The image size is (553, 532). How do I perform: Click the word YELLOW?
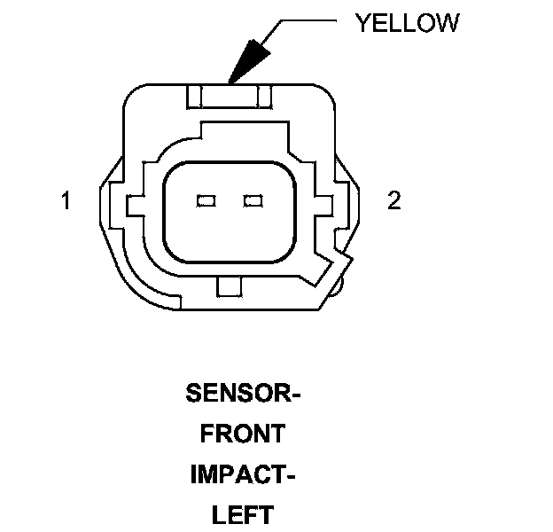pyautogui.click(x=407, y=23)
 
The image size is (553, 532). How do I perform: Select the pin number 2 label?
pyautogui.click(x=394, y=201)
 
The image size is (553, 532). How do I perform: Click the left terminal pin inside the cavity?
pyautogui.click(x=206, y=201)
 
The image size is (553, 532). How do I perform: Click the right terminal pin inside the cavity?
pyautogui.click(x=253, y=201)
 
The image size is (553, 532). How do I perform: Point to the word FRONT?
pyautogui.click(x=243, y=434)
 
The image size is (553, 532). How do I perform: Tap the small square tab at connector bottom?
pyautogui.click(x=229, y=286)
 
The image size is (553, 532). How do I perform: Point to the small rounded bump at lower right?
pyautogui.click(x=337, y=286)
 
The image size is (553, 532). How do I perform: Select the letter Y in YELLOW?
pyautogui.click(x=362, y=23)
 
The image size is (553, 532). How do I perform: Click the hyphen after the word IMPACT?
pyautogui.click(x=290, y=475)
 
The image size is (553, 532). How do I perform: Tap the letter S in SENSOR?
pyautogui.click(x=192, y=393)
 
